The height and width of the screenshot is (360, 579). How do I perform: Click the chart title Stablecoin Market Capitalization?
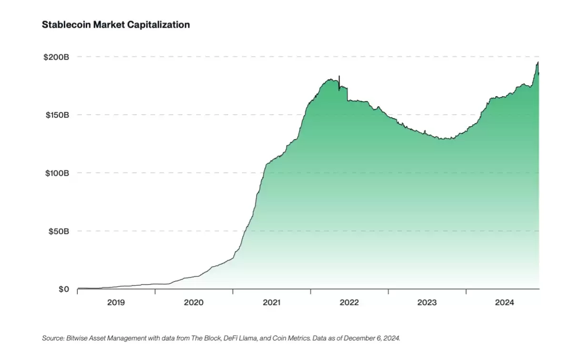pos(116,25)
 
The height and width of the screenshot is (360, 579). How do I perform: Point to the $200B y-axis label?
pos(56,57)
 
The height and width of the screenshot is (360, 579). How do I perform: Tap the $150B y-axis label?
pos(56,115)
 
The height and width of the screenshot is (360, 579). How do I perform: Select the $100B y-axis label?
pos(56,173)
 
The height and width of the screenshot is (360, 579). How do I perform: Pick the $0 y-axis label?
pos(63,290)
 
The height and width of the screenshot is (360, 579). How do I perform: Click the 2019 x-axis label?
pos(116,302)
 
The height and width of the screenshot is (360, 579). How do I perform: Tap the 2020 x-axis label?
pos(194,302)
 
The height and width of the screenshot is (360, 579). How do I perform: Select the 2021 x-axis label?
pos(271,302)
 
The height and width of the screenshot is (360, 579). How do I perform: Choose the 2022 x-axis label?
pos(349,302)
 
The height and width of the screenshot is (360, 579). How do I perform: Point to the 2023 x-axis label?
pos(427,302)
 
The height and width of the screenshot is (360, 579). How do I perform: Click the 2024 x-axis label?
pos(504,302)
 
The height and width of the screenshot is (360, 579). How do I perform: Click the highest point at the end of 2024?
pos(538,62)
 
